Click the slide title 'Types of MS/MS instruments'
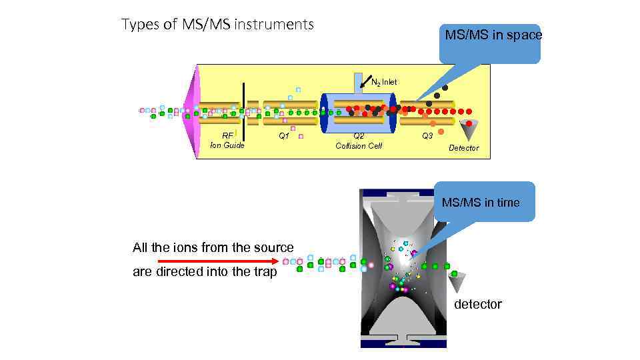217,25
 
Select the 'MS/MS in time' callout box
481,201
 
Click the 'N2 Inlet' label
384,82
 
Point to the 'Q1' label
284,135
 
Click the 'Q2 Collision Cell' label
359,141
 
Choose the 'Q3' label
427,135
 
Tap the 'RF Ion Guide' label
227,140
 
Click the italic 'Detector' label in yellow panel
463,148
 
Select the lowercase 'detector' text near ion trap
477,304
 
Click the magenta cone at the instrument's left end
192,111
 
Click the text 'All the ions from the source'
213,247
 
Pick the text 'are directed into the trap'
205,271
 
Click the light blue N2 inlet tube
358,81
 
